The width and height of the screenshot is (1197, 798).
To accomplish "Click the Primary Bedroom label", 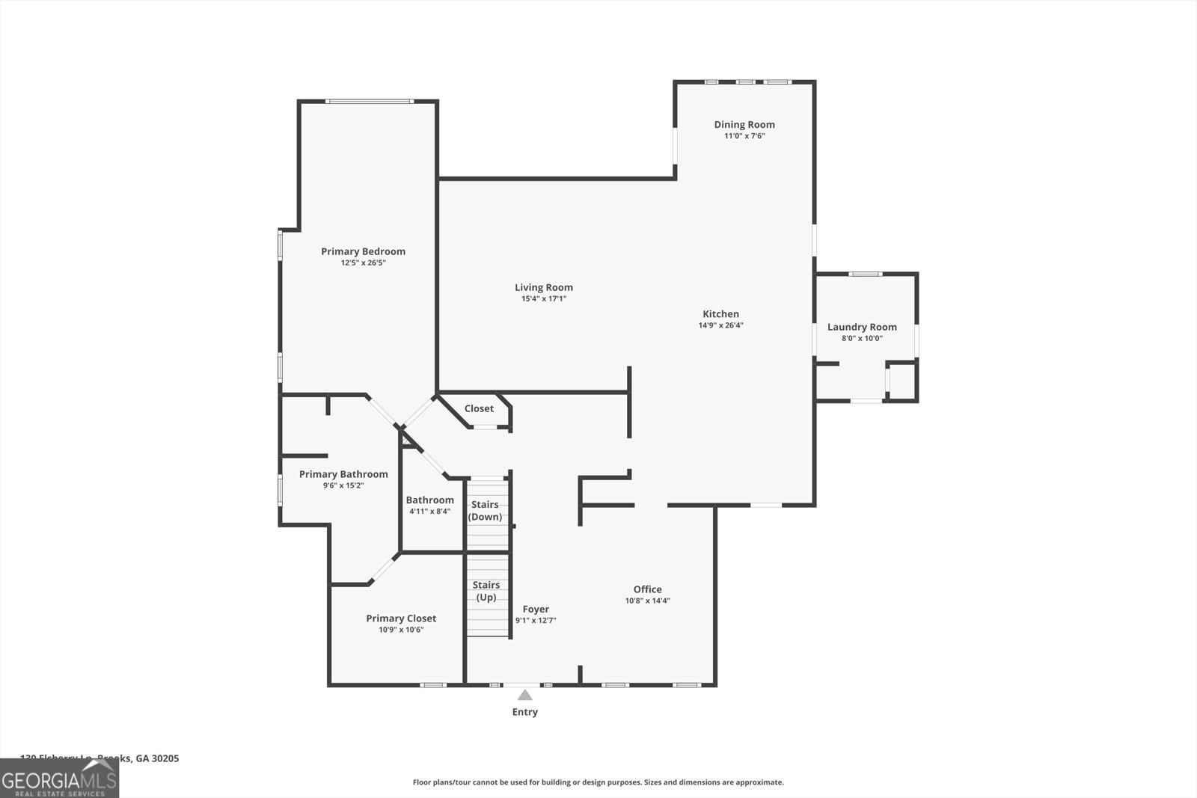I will pos(363,251).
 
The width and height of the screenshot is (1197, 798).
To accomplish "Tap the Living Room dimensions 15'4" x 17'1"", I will pos(544,299).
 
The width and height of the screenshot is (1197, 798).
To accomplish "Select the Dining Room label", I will pos(744,125).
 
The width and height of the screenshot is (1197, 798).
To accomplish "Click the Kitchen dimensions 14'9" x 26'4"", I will pos(720,325).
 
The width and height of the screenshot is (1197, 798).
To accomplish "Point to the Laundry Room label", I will pos(862,327).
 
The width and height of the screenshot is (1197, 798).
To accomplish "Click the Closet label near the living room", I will pos(479,408).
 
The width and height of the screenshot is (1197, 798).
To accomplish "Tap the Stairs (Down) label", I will pos(485,511).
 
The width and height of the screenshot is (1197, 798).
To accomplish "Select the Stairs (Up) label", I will pos(486,591).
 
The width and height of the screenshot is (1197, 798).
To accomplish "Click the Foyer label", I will pos(536,610).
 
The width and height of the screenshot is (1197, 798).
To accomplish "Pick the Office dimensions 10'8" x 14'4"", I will pos(647,601).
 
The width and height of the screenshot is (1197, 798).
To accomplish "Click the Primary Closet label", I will pos(401,619).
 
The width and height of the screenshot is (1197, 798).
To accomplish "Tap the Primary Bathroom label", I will pos(343,474).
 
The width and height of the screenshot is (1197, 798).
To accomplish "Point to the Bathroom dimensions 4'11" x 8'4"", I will pos(429,512).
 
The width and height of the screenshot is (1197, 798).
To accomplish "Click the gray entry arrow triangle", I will pos(525,696).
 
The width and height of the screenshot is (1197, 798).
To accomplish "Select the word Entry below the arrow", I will pos(524,712).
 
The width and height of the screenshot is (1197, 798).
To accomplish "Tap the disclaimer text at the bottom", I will pos(598,782).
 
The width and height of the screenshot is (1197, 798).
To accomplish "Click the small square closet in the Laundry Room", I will pos(901,381).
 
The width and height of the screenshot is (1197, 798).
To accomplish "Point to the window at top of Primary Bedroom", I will pos(369,101).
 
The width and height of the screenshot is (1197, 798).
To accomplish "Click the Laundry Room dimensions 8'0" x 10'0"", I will pos(862,339).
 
